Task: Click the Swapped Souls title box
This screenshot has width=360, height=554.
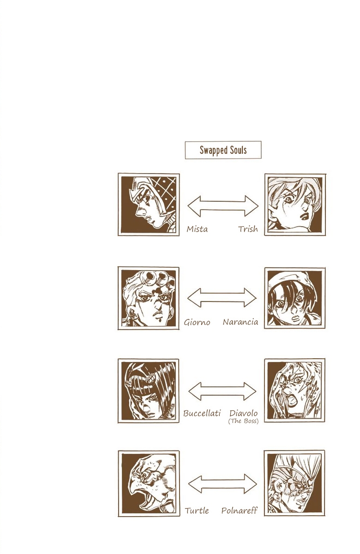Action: coord(223,150)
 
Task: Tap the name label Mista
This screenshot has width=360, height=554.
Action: coord(197,229)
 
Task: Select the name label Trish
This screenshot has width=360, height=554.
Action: coord(248,229)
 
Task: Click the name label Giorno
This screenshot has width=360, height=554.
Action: coord(197,322)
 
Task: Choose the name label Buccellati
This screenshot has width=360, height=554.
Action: coord(202,413)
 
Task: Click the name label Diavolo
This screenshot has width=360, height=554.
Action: coord(243,413)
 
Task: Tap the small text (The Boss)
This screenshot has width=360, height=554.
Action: coord(243,422)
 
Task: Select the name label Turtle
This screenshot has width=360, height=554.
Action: coord(197,511)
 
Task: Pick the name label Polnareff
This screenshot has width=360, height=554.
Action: coord(240,511)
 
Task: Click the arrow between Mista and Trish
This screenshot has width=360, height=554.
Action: coord(223,206)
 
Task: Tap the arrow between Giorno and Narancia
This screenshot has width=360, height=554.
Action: coord(222,298)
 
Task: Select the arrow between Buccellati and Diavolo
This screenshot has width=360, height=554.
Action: coord(222,391)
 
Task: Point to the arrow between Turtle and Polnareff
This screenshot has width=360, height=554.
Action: coord(222,484)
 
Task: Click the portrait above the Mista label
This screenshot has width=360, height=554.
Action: coord(149,205)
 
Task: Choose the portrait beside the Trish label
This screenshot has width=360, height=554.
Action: coord(294,205)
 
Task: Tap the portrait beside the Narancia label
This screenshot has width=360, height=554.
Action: coord(294,298)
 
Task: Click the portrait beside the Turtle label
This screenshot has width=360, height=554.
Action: coord(149,483)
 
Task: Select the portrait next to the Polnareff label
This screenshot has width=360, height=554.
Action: coord(294,483)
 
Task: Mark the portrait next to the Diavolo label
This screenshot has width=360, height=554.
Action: coord(294,391)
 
